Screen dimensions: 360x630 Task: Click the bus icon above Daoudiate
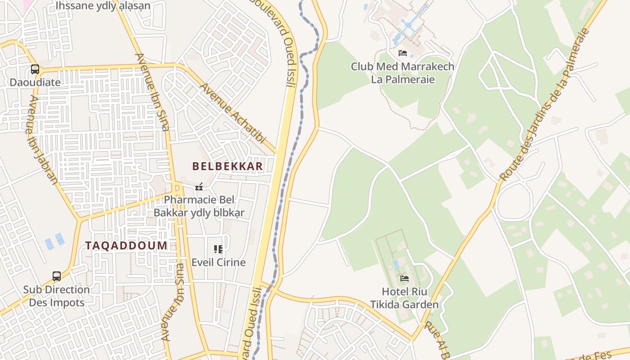click(x=35, y=69)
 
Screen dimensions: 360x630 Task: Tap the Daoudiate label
click(x=35, y=83)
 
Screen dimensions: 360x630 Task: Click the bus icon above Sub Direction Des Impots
click(x=57, y=276)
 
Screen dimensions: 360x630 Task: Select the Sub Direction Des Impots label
click(x=57, y=296)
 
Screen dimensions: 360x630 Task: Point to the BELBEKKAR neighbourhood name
click(x=227, y=166)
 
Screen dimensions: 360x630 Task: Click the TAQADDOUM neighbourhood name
click(x=126, y=246)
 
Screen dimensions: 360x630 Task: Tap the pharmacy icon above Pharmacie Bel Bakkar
click(x=199, y=187)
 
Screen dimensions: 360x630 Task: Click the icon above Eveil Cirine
click(x=218, y=249)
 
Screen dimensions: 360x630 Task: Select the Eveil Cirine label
click(x=219, y=262)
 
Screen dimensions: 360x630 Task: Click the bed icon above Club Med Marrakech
click(x=403, y=53)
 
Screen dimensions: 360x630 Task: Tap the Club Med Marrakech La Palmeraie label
click(x=403, y=73)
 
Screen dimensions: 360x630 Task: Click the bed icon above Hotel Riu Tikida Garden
click(x=405, y=279)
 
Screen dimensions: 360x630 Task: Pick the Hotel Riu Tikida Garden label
click(x=405, y=298)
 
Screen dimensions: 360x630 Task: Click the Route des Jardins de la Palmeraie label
click(x=544, y=104)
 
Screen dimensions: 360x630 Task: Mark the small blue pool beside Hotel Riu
click(x=396, y=264)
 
